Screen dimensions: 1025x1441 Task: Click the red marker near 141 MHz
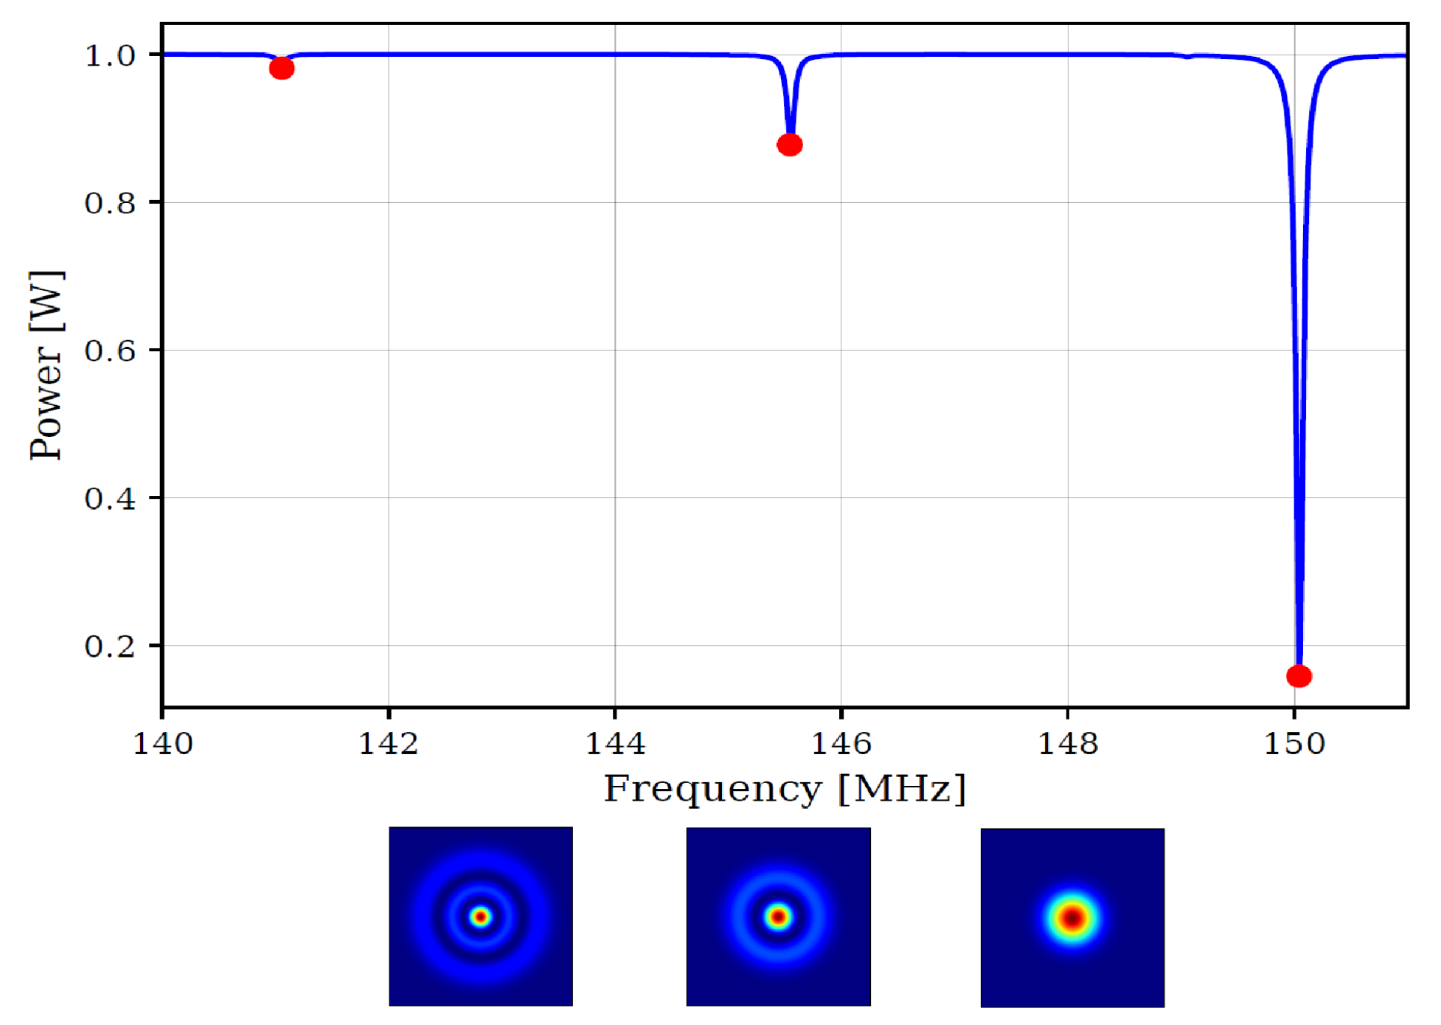click(282, 69)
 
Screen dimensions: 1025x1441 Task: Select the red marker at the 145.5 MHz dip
click(790, 145)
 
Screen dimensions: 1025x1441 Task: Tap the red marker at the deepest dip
click(1299, 676)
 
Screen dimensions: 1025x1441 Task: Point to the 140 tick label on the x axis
click(162, 743)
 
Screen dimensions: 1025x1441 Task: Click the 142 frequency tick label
click(389, 743)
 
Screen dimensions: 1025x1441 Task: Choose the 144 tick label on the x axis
click(615, 743)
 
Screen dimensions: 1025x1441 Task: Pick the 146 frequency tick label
click(841, 743)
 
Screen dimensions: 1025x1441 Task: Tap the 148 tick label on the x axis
click(1068, 743)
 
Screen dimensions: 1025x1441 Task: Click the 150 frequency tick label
click(1294, 743)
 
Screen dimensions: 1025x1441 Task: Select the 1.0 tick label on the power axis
click(111, 55)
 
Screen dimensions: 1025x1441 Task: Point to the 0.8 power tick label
click(111, 203)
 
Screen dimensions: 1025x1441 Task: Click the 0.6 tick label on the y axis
click(111, 351)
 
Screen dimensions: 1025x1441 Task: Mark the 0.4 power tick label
click(111, 499)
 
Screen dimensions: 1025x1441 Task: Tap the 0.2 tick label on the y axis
click(111, 646)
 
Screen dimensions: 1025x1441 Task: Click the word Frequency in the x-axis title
click(712, 789)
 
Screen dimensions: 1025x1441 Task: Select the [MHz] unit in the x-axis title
click(902, 789)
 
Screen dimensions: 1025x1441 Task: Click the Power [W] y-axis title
click(46, 365)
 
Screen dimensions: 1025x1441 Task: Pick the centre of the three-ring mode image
click(481, 917)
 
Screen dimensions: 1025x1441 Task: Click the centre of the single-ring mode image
click(778, 917)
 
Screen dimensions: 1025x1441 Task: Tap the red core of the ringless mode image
click(1072, 919)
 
